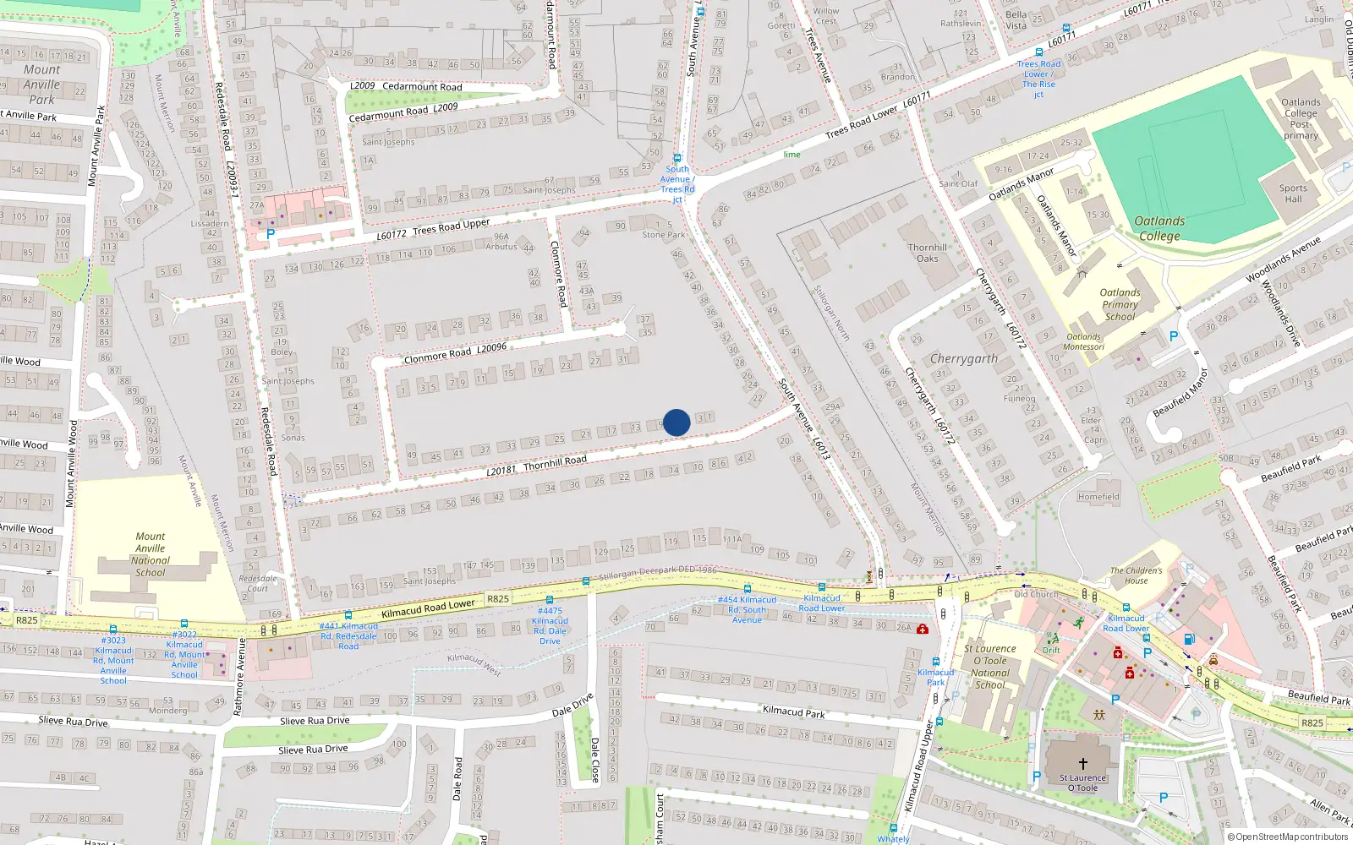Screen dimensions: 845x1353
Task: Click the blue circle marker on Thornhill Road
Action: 676,422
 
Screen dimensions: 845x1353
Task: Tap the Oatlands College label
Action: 1159,228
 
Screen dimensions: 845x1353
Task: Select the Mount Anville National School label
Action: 151,554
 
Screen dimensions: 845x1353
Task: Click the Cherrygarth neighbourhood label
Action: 964,359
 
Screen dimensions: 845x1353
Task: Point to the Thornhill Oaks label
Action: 928,253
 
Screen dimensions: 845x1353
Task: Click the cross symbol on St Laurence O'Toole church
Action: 1082,764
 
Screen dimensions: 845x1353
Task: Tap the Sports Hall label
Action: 1293,194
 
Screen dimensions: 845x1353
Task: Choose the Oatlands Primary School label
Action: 1120,305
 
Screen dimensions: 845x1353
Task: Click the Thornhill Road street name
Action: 555,461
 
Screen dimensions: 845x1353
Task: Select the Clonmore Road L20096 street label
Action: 455,353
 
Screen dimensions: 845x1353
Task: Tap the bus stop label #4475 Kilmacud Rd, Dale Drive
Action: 550,625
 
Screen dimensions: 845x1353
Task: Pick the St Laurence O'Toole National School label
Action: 990,667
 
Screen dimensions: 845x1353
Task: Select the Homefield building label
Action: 1098,497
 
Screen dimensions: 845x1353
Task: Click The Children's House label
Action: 1136,575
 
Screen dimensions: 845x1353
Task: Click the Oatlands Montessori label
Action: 1083,341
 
